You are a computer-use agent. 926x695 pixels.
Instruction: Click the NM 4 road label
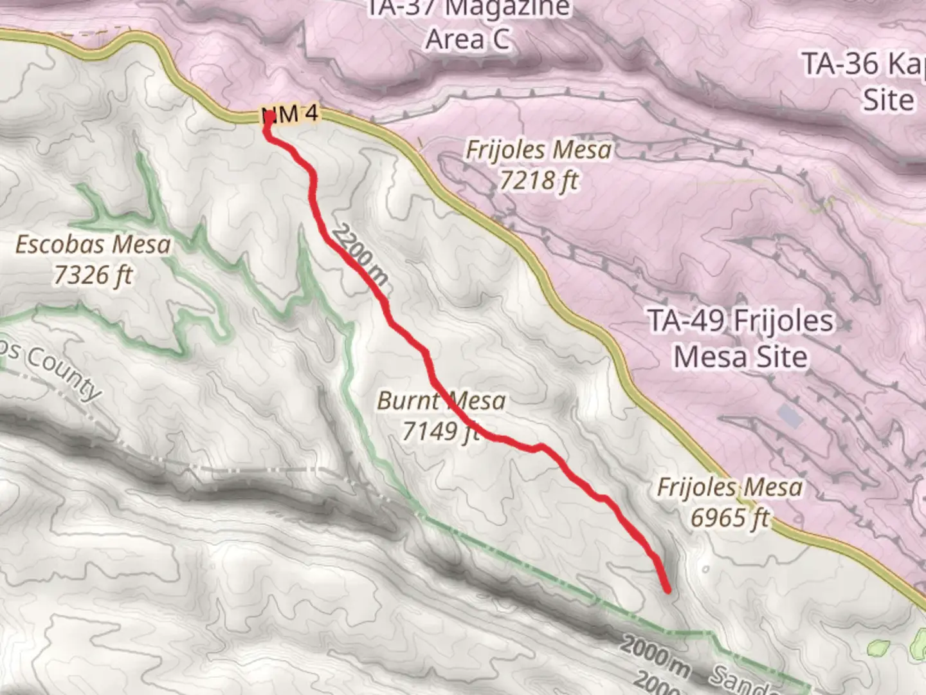tap(291, 115)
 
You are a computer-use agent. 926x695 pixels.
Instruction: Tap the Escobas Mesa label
tap(93, 245)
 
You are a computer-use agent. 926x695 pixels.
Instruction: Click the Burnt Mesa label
tap(441, 401)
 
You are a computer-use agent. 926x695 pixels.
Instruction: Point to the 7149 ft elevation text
tap(441, 431)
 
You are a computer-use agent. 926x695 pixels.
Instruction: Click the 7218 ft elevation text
tap(539, 181)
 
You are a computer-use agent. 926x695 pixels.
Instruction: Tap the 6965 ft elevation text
tap(730, 517)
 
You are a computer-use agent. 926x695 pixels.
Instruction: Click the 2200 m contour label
tap(361, 255)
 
